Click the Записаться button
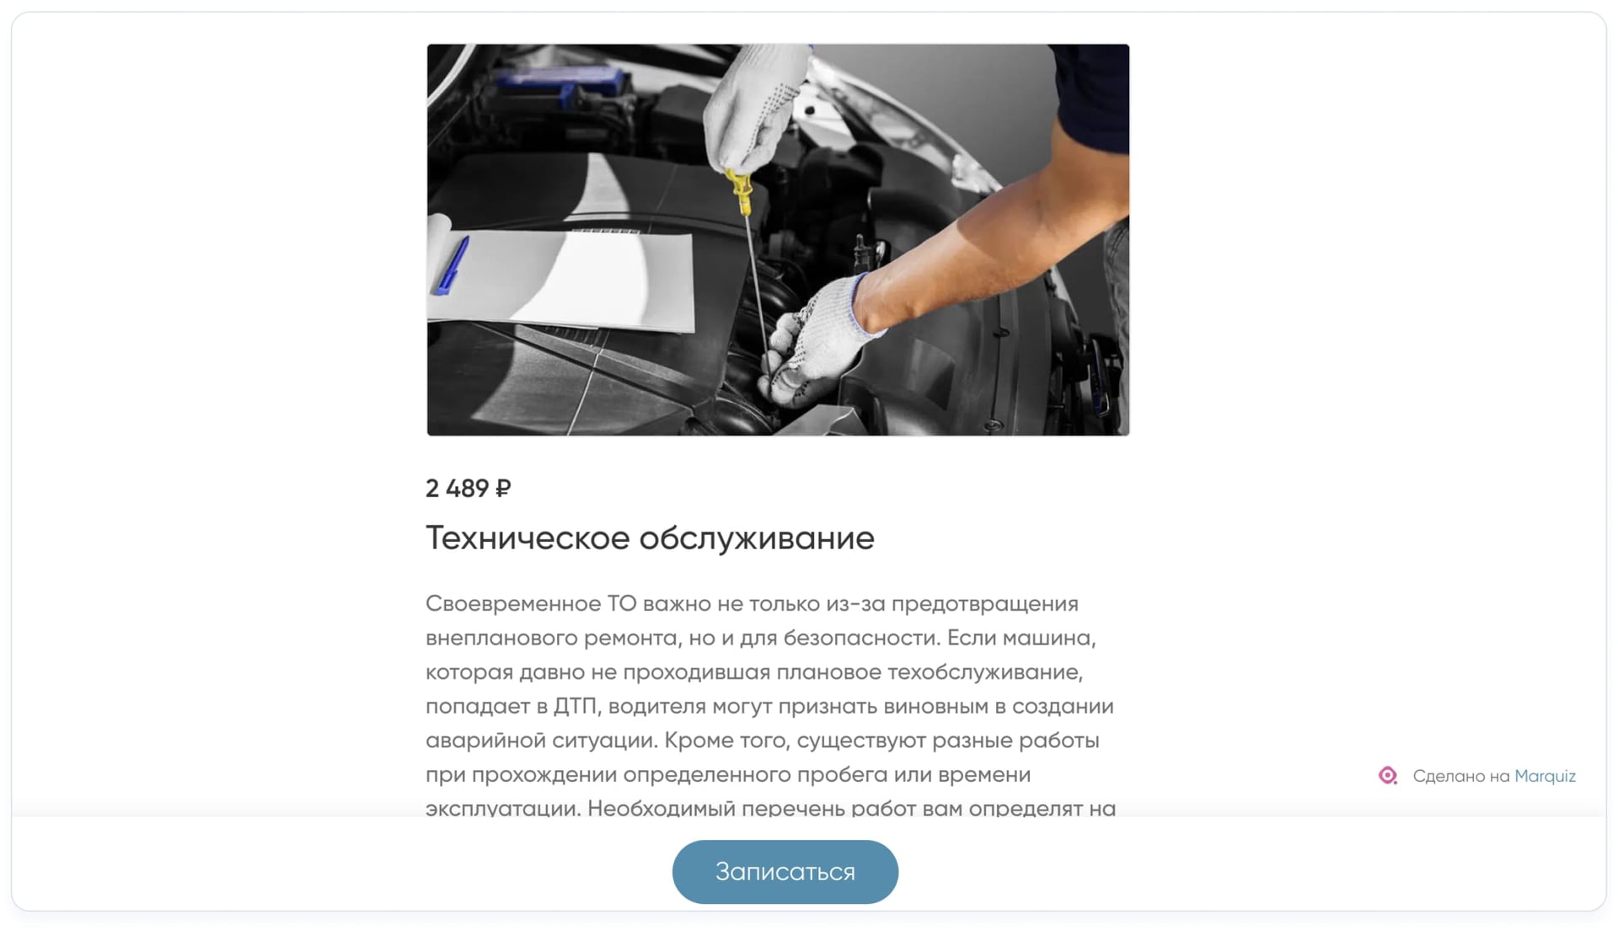click(x=785, y=872)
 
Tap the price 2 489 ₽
click(x=468, y=489)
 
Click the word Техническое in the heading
click(x=527, y=538)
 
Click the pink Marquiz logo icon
click(x=1387, y=775)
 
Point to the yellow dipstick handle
click(x=742, y=191)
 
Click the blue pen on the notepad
click(x=453, y=265)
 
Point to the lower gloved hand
click(x=813, y=341)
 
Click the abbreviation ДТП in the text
click(x=575, y=706)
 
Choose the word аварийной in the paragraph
click(x=485, y=741)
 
